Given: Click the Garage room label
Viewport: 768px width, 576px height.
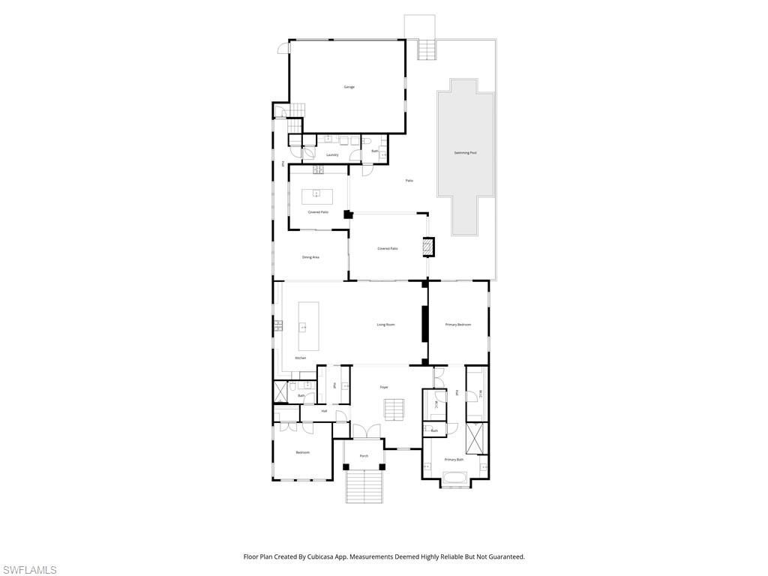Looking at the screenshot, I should click(x=349, y=87).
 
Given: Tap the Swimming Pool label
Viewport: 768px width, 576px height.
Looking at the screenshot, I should click(x=465, y=153).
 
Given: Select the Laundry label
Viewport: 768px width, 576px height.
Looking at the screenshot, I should click(x=332, y=155).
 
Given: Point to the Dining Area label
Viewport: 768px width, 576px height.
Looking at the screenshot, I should click(x=310, y=257).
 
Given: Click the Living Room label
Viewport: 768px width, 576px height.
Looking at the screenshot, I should click(x=385, y=325).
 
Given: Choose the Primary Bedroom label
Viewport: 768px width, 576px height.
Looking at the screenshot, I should click(x=457, y=325).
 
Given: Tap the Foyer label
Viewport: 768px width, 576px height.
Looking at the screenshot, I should click(x=384, y=387).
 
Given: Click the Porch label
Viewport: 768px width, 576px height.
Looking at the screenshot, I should click(x=364, y=456).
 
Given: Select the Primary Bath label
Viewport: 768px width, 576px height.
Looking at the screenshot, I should click(x=454, y=460).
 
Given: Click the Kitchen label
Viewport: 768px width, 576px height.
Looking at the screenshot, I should click(x=301, y=358).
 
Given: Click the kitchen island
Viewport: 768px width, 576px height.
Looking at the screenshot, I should click(x=308, y=326).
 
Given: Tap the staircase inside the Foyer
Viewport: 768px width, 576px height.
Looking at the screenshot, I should click(x=394, y=410).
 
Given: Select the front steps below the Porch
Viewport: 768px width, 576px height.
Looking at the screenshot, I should click(x=363, y=486).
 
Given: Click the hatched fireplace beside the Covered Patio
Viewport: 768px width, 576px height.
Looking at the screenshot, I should click(x=428, y=247).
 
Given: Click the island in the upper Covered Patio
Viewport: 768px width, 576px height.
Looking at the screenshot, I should click(x=316, y=196).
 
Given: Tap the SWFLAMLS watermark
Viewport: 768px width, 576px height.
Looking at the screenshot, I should click(x=28, y=570).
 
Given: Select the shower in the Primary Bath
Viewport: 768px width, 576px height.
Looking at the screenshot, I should click(x=476, y=438).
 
